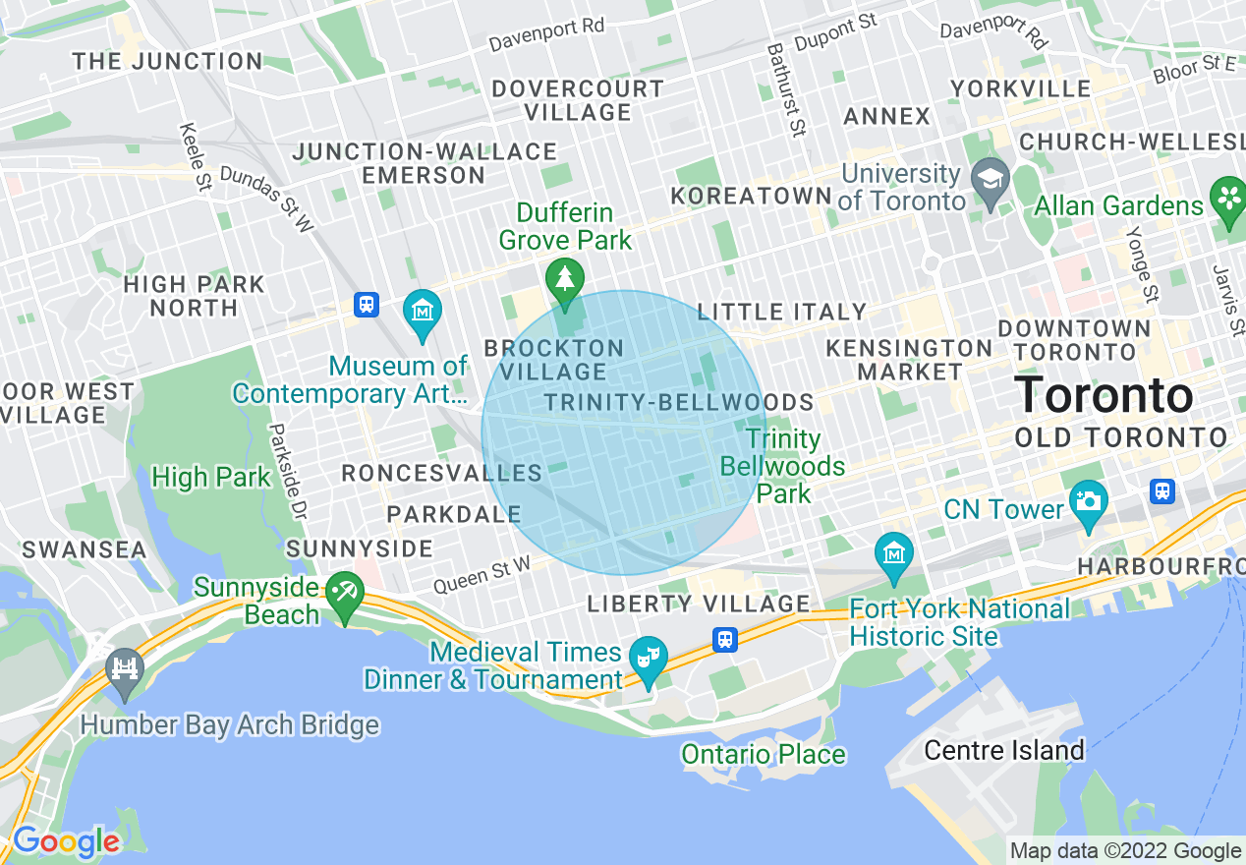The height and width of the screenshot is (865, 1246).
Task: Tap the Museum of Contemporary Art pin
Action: pyautogui.click(x=423, y=312)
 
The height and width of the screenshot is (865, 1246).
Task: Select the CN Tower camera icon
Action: pyautogui.click(x=1088, y=500)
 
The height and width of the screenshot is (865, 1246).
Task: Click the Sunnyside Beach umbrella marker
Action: pyautogui.click(x=345, y=593)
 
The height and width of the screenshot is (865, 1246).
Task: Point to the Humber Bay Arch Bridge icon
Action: pyautogui.click(x=125, y=669)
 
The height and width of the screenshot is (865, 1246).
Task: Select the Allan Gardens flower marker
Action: pyautogui.click(x=1228, y=197)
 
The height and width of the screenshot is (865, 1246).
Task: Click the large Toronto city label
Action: pyautogui.click(x=1104, y=395)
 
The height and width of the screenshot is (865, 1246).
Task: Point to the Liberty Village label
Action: pyautogui.click(x=699, y=604)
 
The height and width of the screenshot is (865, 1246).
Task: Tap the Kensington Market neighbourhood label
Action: pyautogui.click(x=909, y=360)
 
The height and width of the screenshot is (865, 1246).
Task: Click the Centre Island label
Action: pyautogui.click(x=1004, y=751)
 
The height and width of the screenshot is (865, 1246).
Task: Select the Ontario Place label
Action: pyautogui.click(x=764, y=754)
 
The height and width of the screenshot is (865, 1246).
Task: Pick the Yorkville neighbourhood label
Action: pyautogui.click(x=1021, y=88)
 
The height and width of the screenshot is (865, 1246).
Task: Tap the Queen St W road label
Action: pyautogui.click(x=481, y=575)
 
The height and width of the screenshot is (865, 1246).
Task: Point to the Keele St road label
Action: pyautogui.click(x=197, y=157)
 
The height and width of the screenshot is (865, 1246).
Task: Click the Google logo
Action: pyautogui.click(x=65, y=841)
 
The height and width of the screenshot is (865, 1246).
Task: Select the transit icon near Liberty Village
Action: pyautogui.click(x=725, y=639)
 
